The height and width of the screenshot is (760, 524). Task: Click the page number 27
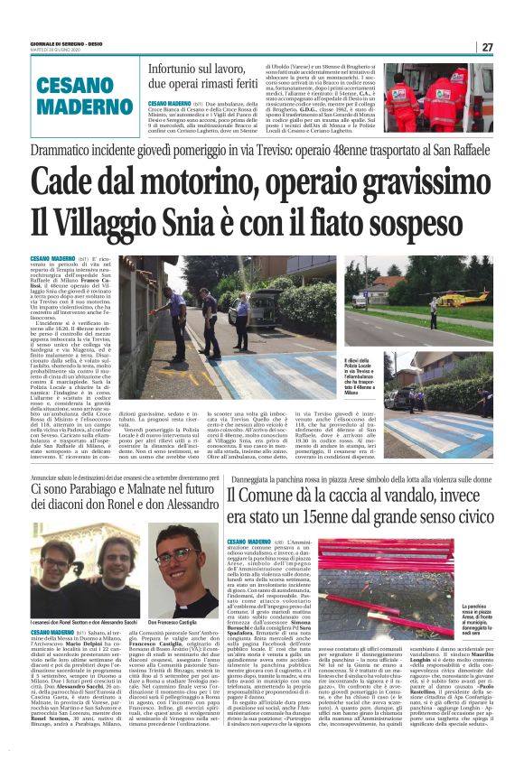coord(487,47)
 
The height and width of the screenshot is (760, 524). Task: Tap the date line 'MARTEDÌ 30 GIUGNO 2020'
coord(53,48)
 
